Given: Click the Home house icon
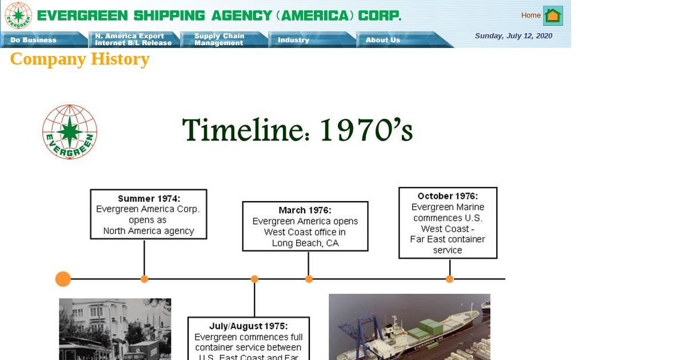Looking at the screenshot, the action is coord(553,15).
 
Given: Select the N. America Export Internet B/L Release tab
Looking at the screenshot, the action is coord(134,40).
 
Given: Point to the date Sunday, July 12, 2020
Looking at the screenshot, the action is coord(513,36).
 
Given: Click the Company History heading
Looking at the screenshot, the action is coord(79,59).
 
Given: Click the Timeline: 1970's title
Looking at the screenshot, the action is coord(297,130).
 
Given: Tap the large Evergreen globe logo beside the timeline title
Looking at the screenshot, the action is coord(70,132).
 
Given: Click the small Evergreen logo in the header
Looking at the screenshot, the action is coord(18,15).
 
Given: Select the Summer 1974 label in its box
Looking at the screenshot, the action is coord(149,199).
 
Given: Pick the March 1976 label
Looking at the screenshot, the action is coord(305,210).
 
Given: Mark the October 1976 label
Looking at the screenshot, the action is coord(448,196).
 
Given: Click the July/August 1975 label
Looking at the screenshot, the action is coord(248,326).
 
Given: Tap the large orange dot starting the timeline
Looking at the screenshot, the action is coord(63,279).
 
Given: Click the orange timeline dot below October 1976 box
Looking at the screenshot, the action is coord(449,279).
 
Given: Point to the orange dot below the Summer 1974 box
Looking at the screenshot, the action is coord(144,279).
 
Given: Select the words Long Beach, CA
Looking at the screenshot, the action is coord(305,243).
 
